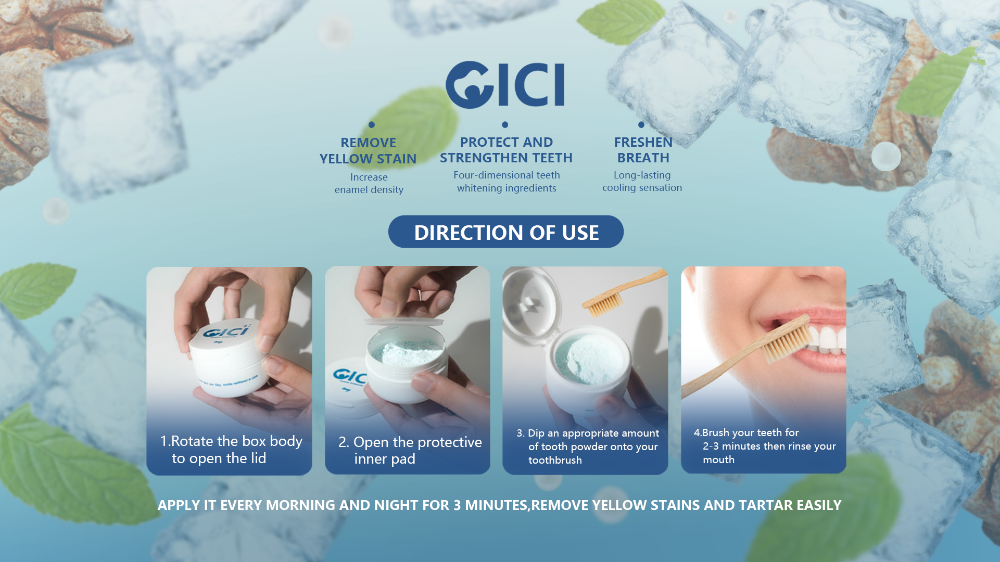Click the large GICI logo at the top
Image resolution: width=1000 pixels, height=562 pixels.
(505, 85)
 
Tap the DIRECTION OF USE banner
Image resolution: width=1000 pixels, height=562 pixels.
(506, 232)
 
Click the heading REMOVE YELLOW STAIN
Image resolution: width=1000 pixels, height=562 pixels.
(368, 150)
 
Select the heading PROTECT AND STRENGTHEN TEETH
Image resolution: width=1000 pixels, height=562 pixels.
(506, 150)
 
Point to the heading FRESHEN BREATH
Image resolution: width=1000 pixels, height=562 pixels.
(643, 150)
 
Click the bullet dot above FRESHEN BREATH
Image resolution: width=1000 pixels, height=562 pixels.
(641, 125)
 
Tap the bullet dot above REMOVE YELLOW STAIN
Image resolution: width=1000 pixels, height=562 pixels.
(372, 125)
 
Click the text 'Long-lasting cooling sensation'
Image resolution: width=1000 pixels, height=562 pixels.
(642, 182)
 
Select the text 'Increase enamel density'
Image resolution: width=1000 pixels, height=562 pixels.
(369, 184)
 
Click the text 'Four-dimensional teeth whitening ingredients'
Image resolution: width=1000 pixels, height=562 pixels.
(507, 182)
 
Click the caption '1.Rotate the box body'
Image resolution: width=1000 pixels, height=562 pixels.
(231, 441)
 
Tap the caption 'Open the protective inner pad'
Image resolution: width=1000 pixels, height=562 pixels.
(410, 450)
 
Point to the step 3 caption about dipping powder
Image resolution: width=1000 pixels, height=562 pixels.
(588, 446)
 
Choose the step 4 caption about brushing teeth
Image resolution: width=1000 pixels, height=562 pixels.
(765, 446)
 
